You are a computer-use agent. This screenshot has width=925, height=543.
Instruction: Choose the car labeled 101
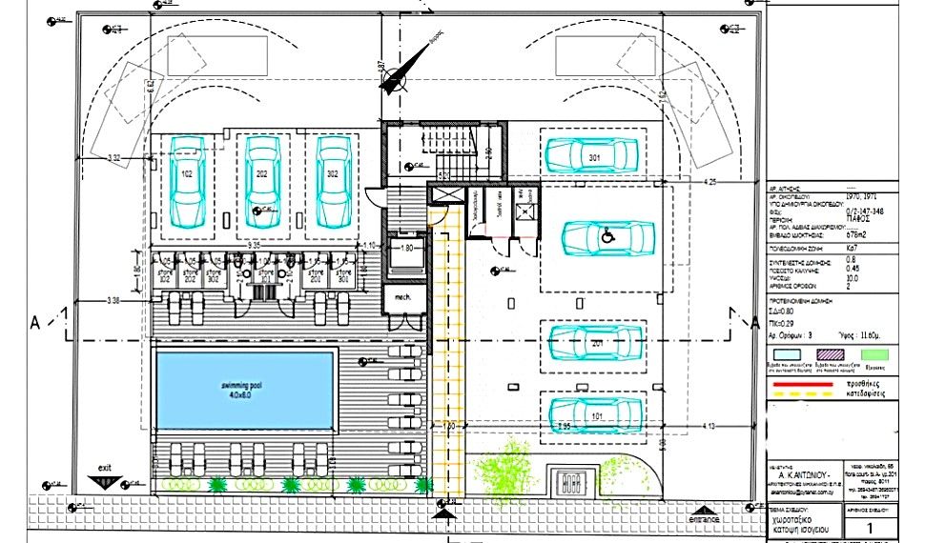click(593, 415)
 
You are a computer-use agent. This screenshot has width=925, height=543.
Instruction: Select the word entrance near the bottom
click(703, 518)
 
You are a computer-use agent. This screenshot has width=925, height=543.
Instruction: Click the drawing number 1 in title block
click(869, 527)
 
